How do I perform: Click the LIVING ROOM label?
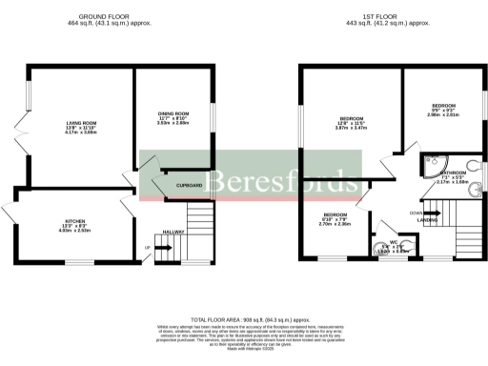[x=80, y=123]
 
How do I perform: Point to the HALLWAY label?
[x=173, y=232]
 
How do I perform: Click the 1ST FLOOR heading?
[x=392, y=15]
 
